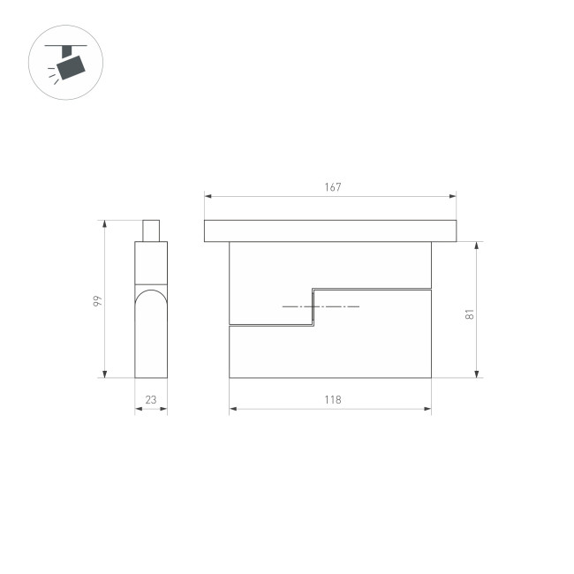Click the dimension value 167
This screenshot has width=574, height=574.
click(331, 186)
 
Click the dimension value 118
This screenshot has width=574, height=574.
click(331, 400)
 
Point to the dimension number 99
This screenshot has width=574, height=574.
click(98, 300)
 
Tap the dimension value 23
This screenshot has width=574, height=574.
click(151, 400)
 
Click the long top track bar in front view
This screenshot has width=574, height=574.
click(331, 230)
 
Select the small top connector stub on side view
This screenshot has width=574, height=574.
click(151, 230)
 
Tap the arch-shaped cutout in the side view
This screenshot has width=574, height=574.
click(151, 331)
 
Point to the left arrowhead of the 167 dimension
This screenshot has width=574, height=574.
click(208, 196)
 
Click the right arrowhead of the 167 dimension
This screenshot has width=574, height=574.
click(454, 196)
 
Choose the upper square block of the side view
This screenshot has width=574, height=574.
click(151, 262)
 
